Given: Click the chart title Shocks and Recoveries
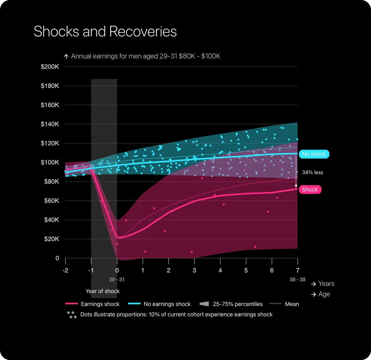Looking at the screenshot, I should (105, 31).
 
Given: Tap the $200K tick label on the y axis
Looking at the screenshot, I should (50, 67).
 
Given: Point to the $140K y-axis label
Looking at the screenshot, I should (50, 124).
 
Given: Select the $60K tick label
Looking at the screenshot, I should (51, 201).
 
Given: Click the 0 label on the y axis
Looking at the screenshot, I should (57, 258).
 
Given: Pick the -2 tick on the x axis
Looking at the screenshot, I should (65, 270).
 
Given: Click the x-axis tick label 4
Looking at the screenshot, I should (220, 270).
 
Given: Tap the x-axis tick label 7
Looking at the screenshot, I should (298, 270).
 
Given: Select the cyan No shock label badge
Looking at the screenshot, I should (314, 154).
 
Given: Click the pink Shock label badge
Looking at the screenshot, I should (310, 190).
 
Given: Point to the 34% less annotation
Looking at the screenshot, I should (312, 172).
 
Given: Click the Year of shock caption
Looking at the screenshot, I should (103, 291).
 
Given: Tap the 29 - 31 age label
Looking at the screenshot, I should (117, 279).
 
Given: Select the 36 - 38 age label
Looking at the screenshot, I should (298, 279).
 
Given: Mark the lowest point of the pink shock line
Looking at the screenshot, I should (118, 238).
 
